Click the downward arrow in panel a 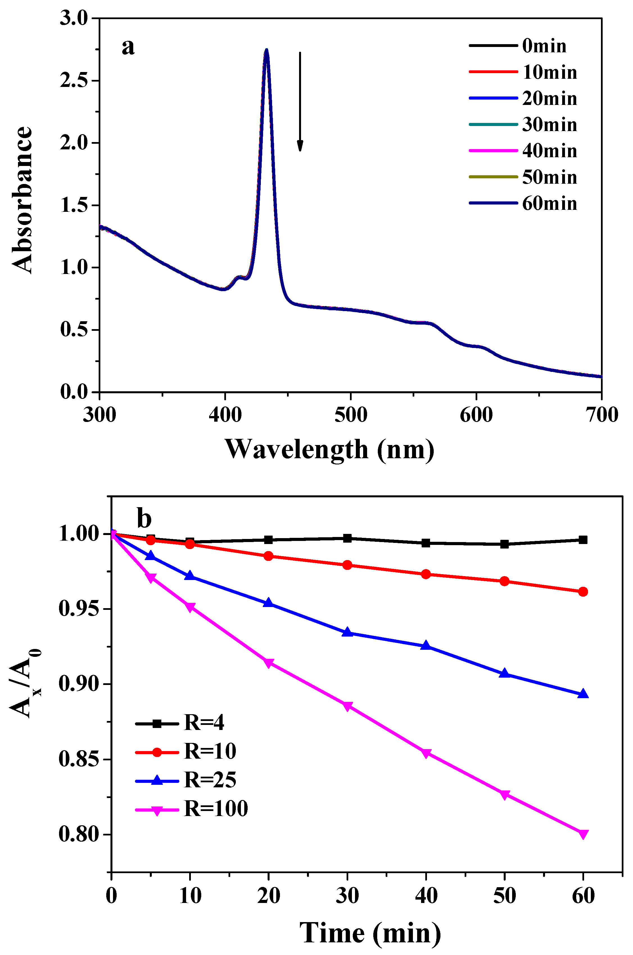(300, 101)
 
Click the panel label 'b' (144, 519)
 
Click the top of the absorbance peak (266, 51)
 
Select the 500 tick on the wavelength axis (351, 415)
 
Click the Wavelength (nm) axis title (329, 449)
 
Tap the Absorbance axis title (22, 200)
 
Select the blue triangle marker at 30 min (347, 632)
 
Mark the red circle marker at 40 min (426, 574)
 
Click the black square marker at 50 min (504, 544)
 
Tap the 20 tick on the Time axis (268, 896)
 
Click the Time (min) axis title (370, 933)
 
